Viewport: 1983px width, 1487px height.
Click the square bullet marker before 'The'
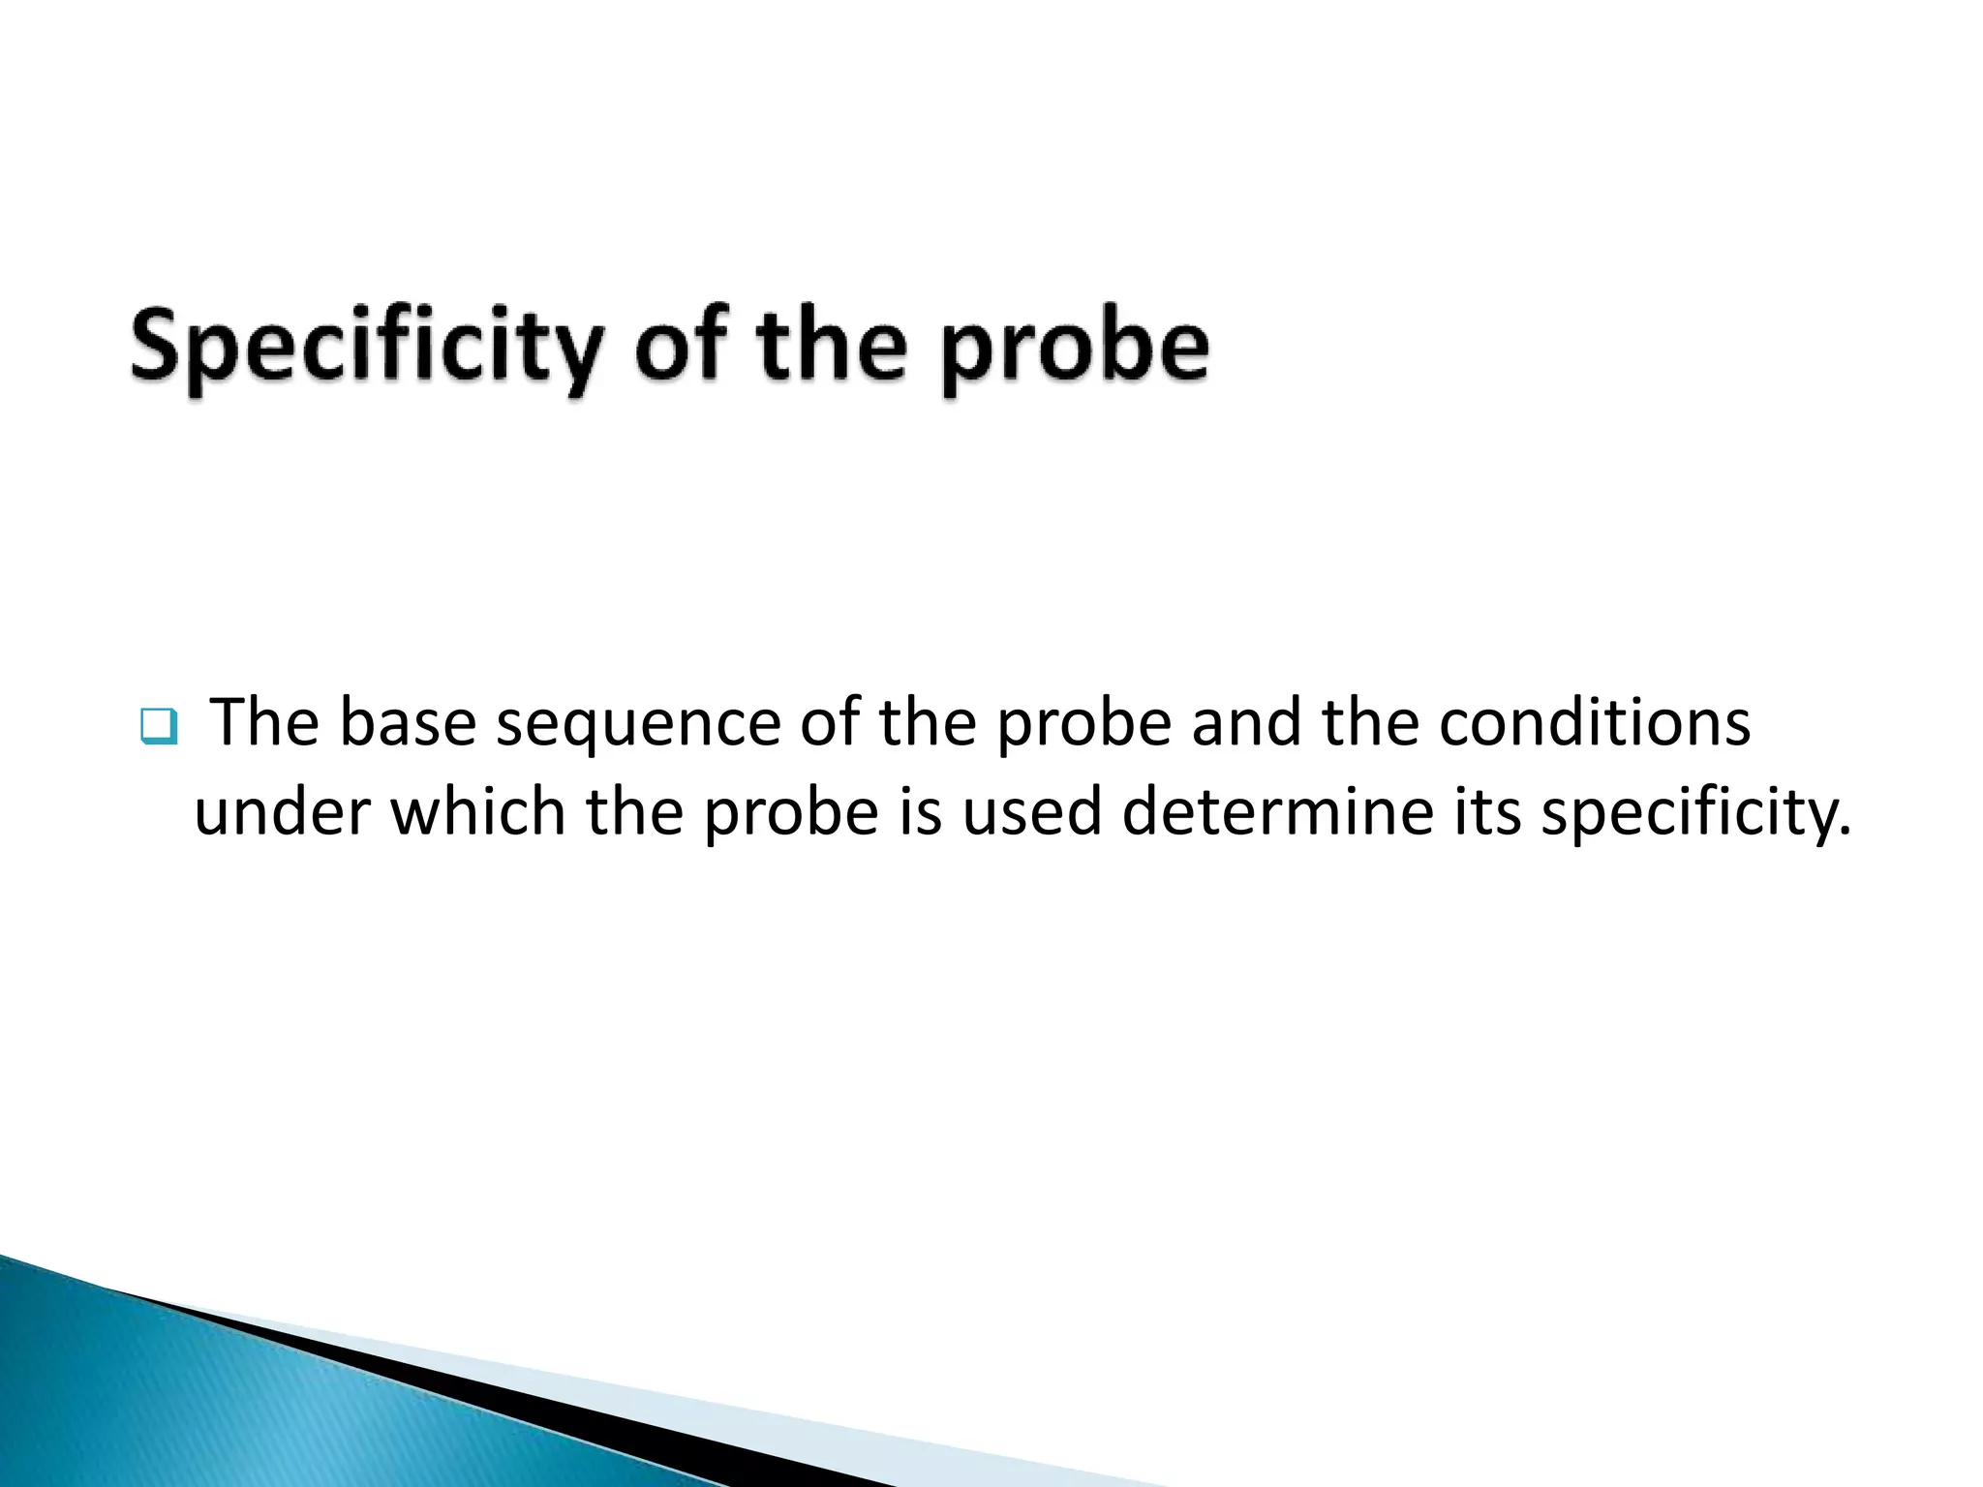coord(159,726)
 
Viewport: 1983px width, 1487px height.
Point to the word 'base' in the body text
coord(408,723)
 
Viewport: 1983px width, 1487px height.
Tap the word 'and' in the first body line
coord(1246,723)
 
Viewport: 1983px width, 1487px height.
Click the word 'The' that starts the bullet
coord(264,723)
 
